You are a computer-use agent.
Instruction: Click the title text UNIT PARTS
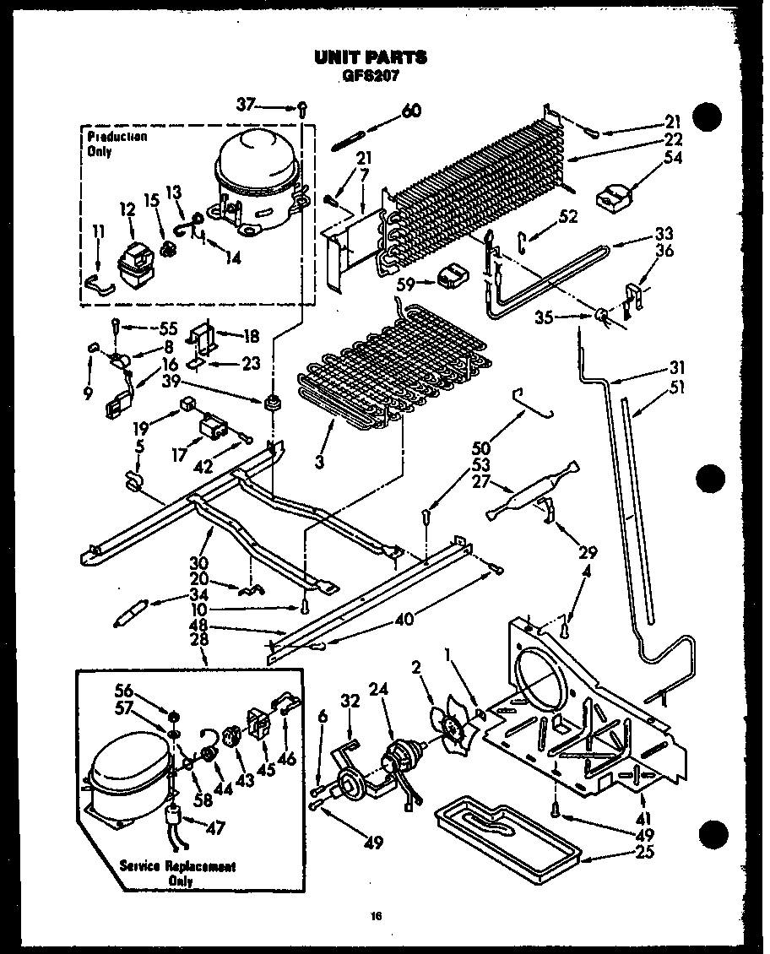(370, 57)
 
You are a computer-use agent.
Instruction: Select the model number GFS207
(369, 74)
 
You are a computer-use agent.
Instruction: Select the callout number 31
(678, 368)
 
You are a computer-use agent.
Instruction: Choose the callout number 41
(648, 817)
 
